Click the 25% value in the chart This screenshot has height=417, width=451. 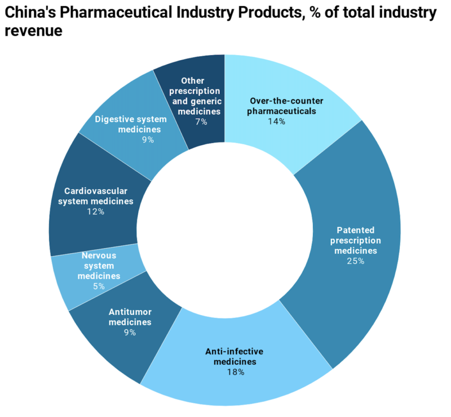356,261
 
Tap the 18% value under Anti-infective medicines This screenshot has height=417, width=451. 236,372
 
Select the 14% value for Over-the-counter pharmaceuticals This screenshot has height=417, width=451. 277,121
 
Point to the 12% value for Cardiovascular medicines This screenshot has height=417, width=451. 95,212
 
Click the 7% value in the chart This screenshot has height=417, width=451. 201,122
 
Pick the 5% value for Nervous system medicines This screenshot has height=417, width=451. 99,286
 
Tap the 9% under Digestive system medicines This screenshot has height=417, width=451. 148,140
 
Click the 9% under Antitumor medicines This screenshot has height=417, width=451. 130,333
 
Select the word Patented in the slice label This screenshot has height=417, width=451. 356,230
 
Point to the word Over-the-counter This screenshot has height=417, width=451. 282,101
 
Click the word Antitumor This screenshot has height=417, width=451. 130,312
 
